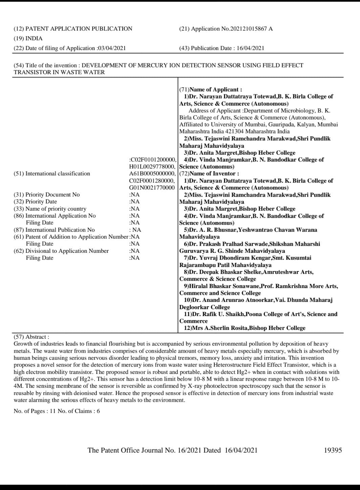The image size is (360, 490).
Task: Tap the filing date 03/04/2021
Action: [112, 48]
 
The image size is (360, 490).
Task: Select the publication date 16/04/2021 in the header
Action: [250, 48]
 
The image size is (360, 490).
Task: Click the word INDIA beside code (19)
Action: [34, 39]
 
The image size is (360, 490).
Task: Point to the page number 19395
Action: [333, 450]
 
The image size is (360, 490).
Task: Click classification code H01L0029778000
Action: [152, 166]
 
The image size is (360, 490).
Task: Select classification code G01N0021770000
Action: [152, 187]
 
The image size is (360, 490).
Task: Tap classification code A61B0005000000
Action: [152, 174]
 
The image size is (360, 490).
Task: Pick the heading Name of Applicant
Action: [216, 89]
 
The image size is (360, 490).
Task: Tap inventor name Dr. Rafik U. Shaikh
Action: [217, 314]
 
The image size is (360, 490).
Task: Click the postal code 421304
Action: [235, 131]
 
